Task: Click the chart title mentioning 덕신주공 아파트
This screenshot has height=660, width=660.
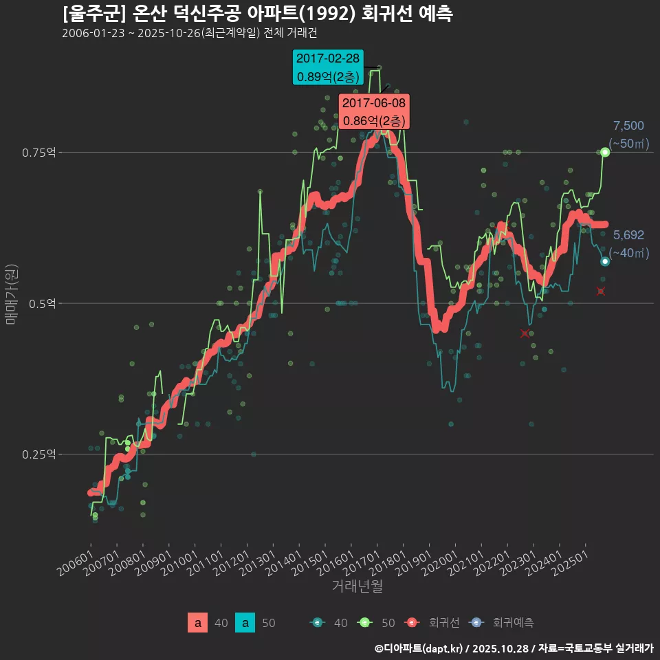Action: click(257, 14)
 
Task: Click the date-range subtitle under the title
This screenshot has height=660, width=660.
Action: click(189, 33)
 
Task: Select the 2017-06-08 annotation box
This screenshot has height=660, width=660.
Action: click(374, 111)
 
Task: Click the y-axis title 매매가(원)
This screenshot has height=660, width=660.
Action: click(11, 292)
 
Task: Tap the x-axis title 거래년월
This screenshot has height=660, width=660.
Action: click(357, 586)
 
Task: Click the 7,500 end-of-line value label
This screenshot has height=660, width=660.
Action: click(628, 126)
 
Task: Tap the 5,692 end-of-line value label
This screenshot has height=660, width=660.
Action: click(628, 235)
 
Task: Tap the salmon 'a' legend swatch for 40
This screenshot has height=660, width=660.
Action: click(197, 623)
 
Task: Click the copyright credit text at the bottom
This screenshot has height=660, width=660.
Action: click(514, 648)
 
